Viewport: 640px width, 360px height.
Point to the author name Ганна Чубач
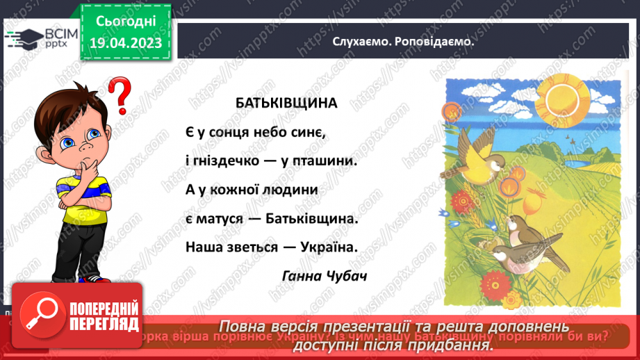pos(325,275)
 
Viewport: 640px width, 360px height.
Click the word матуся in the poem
pos(220,218)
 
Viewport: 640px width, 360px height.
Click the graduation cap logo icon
pos(24,37)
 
